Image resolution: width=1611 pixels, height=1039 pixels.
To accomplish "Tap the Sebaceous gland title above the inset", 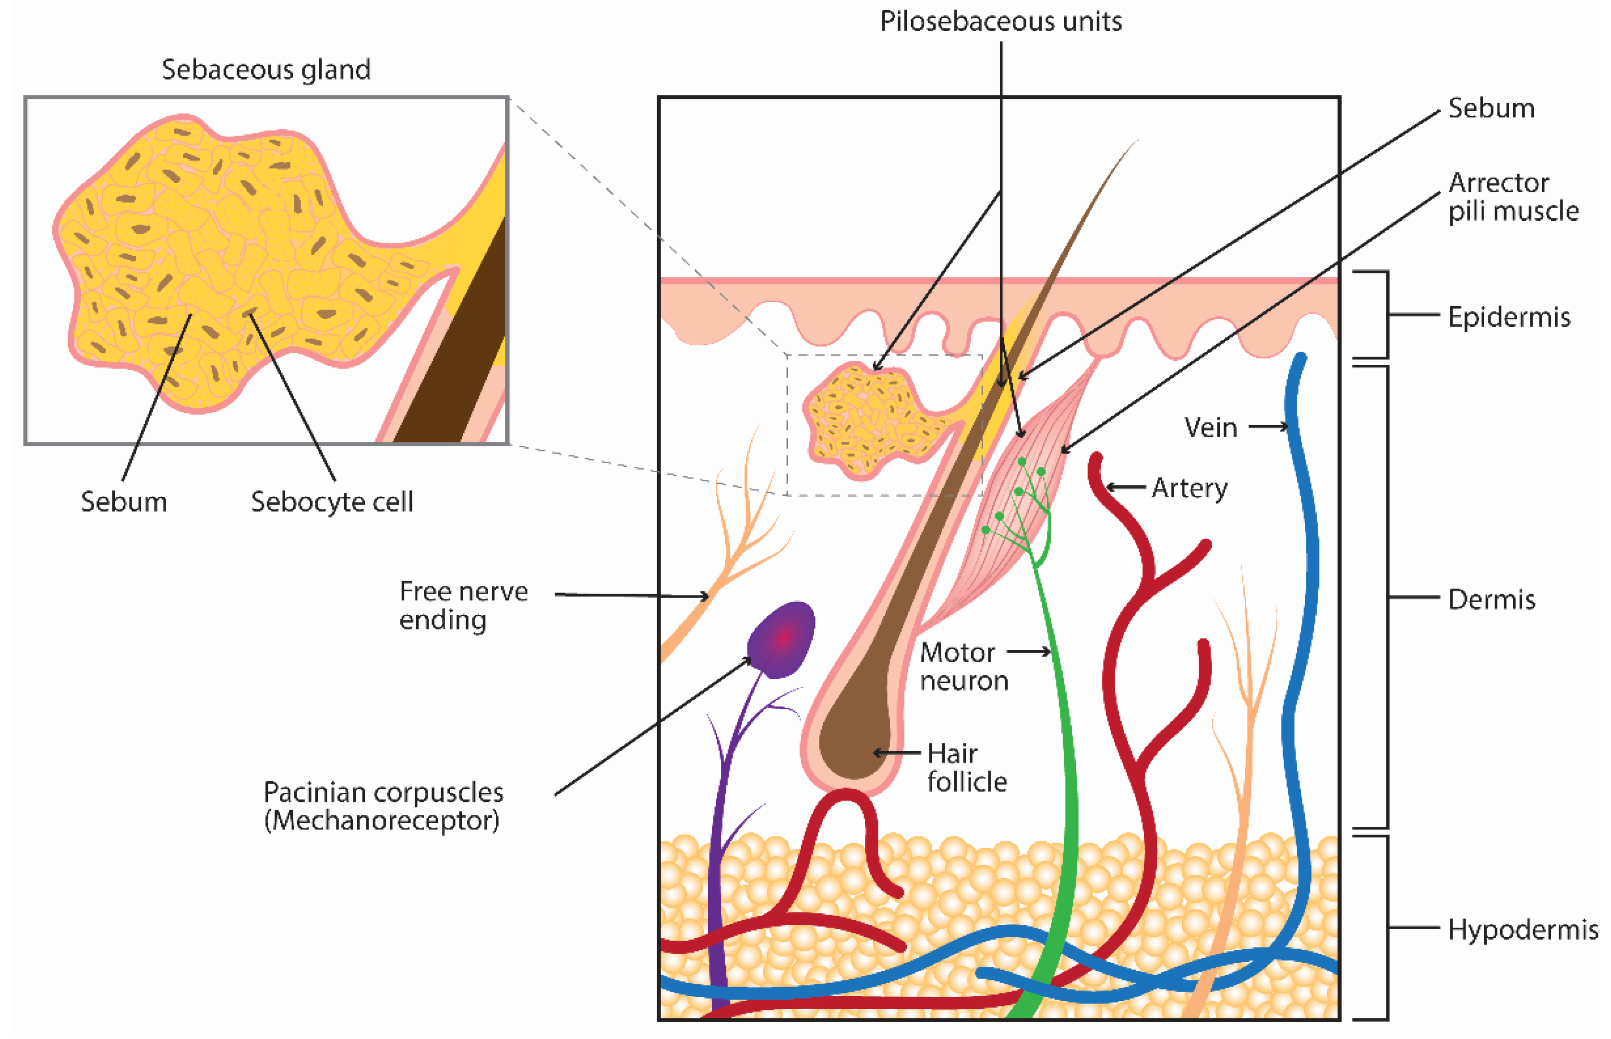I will tap(266, 70).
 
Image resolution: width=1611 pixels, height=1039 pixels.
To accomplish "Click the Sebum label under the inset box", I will tap(123, 502).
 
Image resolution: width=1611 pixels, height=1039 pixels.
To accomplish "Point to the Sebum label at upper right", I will tap(1491, 108).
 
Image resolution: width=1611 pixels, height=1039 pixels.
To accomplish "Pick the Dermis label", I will tap(1491, 599).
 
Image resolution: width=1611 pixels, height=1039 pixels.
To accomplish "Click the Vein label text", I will tap(1210, 427).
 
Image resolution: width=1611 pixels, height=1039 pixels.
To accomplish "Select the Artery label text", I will tap(1189, 487).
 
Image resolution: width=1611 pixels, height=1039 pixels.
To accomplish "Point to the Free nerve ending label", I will tap(462, 605).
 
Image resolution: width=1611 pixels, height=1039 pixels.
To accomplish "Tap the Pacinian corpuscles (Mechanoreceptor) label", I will tap(383, 806).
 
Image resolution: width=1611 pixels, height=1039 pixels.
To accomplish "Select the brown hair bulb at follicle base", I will tap(854, 742).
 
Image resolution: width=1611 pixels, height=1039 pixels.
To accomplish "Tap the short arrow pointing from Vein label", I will tap(1267, 426).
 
